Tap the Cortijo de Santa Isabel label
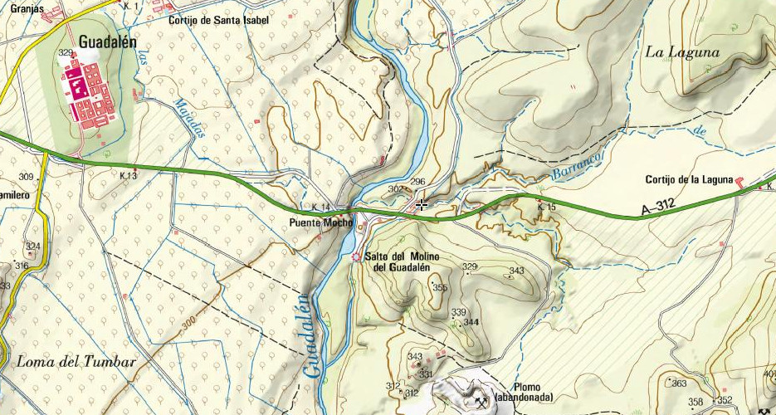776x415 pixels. [x=218, y=20]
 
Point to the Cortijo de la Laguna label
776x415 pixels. [x=689, y=180]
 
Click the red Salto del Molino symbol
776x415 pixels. [x=357, y=257]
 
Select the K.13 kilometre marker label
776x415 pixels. [x=128, y=176]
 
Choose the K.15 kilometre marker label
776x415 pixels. [x=546, y=207]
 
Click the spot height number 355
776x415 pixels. [x=440, y=287]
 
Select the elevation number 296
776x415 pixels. [x=417, y=182]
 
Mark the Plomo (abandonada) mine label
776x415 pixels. [x=522, y=392]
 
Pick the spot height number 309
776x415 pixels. [x=26, y=177]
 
